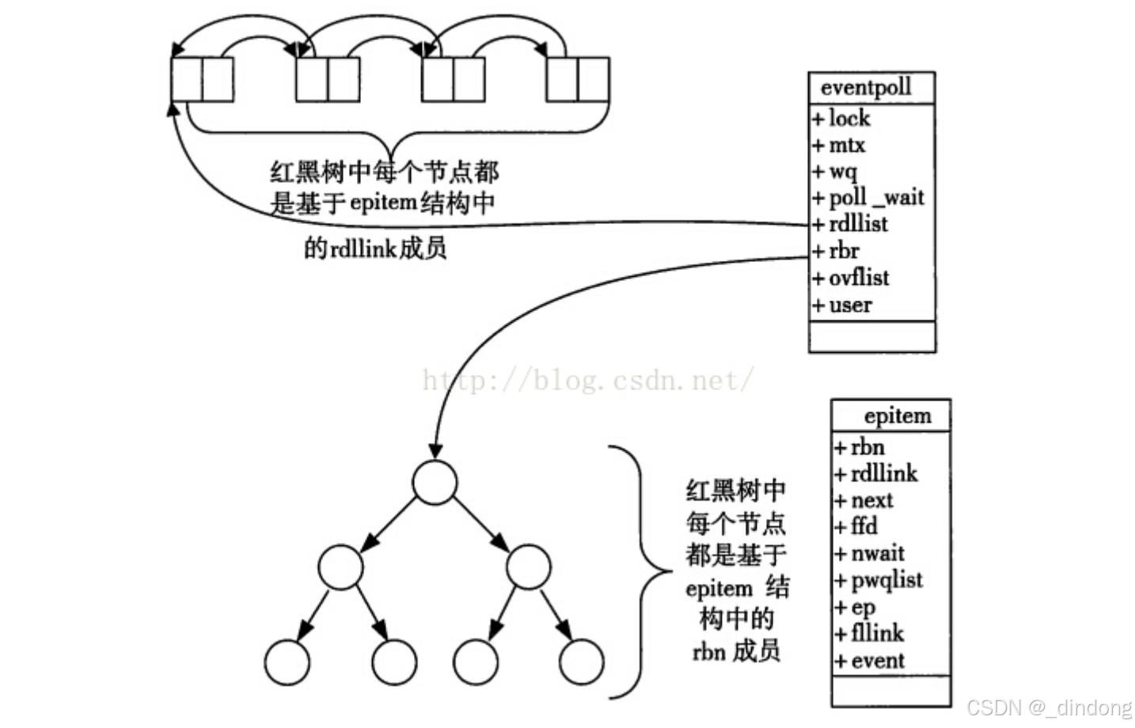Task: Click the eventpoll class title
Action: coord(866,87)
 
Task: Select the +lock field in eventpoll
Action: coord(842,119)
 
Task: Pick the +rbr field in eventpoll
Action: coord(837,251)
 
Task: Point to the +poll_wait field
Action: coord(868,197)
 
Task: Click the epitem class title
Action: coord(897,416)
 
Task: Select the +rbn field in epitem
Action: coord(860,447)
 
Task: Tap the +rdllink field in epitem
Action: coord(876,473)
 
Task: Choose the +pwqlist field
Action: coord(879,580)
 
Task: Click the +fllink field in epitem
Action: coord(870,633)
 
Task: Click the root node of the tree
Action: coord(435,482)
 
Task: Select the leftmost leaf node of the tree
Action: coord(287,662)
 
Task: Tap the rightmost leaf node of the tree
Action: coord(581,662)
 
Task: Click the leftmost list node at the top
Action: coord(202,79)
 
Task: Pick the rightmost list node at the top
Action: coord(578,79)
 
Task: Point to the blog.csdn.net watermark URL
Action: coord(587,381)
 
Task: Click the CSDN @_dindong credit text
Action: coord(1050,707)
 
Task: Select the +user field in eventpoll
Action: coord(843,305)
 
